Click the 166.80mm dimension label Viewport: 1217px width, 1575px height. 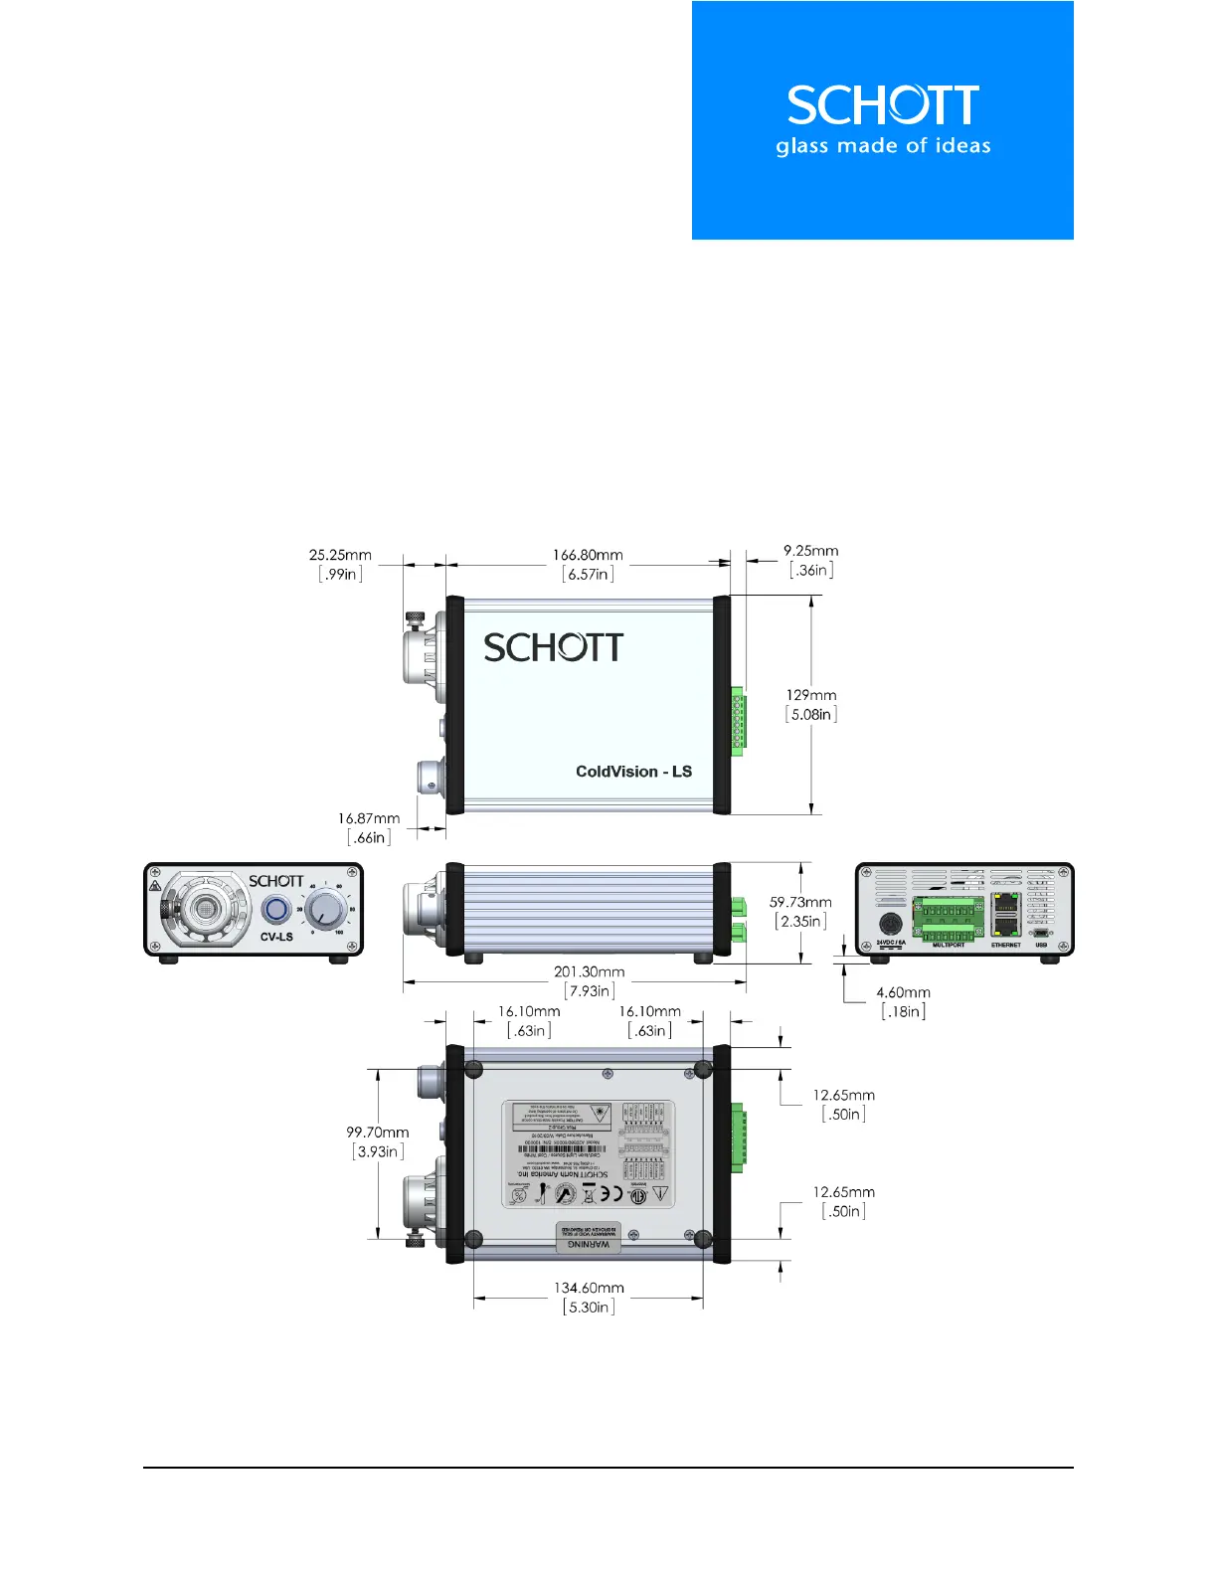(588, 556)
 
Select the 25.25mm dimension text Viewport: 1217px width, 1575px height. (340, 556)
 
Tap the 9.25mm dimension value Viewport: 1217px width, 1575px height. (810, 551)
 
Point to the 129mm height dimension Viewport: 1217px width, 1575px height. (811, 696)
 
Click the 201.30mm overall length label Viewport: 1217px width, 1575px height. (589, 972)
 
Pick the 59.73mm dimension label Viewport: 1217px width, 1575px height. (800, 903)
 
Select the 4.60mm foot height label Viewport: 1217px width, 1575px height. (903, 992)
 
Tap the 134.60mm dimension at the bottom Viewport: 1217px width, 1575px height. (589, 1289)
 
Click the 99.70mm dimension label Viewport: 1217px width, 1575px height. (377, 1133)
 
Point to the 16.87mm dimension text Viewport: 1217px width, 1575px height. (368, 819)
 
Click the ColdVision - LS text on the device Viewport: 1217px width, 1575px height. (633, 772)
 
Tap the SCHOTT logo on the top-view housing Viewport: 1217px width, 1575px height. (553, 648)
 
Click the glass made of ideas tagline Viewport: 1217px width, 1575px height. (883, 146)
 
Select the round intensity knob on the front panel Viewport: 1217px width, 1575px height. (324, 910)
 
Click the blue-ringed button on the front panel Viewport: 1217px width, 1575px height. (275, 910)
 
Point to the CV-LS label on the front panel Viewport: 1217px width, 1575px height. (276, 937)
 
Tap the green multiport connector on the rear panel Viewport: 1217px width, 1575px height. (949, 919)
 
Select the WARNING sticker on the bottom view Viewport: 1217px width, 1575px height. (588, 1237)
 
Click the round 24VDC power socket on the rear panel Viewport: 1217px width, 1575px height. (891, 922)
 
